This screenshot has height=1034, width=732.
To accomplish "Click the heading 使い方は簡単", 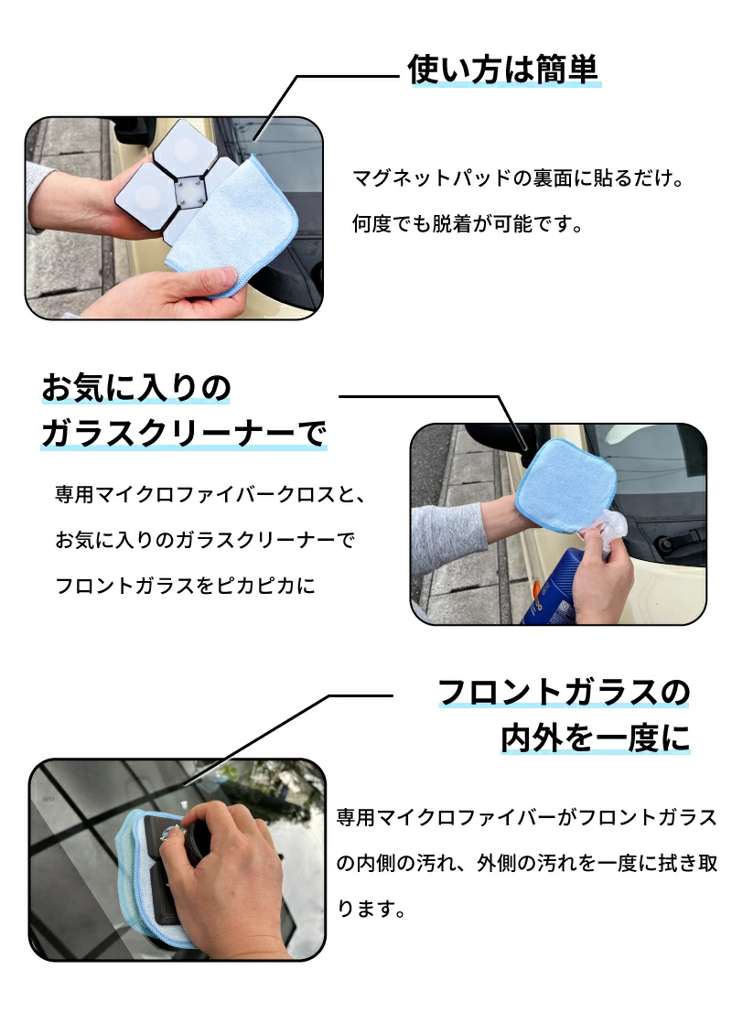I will coord(503,70).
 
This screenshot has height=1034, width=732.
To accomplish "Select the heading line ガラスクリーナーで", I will coord(183,433).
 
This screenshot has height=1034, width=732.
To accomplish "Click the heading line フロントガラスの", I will coord(564,693).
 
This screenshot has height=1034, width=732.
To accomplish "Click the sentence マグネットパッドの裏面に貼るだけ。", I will coord(518,178).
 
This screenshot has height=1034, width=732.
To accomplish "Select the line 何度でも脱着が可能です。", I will coord(468,224).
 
